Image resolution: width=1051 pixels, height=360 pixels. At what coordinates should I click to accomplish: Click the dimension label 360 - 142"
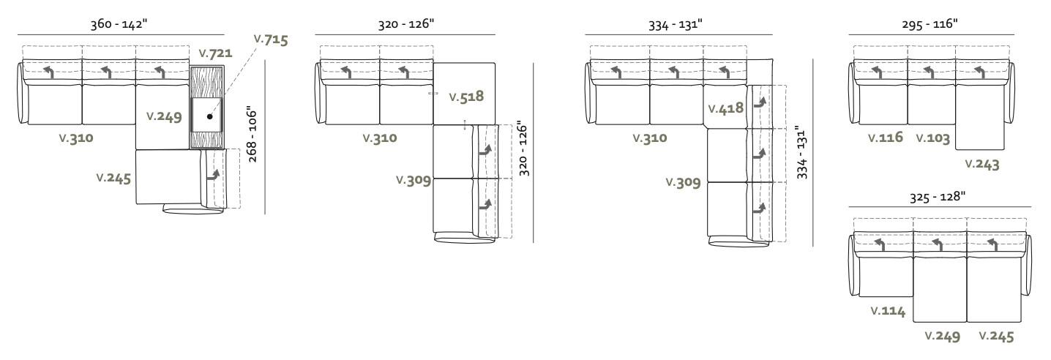point(119,23)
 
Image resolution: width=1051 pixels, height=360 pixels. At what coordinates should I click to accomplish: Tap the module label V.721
point(215,53)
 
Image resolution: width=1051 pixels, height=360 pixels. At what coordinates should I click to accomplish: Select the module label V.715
point(271,40)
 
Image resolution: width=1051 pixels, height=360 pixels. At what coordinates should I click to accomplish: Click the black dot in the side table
point(210,116)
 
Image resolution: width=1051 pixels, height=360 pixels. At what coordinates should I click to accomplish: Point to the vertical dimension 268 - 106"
point(252,134)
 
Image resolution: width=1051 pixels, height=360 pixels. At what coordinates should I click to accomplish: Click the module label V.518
point(466,97)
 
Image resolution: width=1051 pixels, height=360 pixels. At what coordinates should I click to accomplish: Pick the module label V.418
point(726,108)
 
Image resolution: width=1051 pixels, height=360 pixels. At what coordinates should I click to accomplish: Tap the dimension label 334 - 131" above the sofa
point(676,24)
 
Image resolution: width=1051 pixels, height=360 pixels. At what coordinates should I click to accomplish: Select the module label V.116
point(886,137)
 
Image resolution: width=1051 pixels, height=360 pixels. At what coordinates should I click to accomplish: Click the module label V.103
point(932,138)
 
